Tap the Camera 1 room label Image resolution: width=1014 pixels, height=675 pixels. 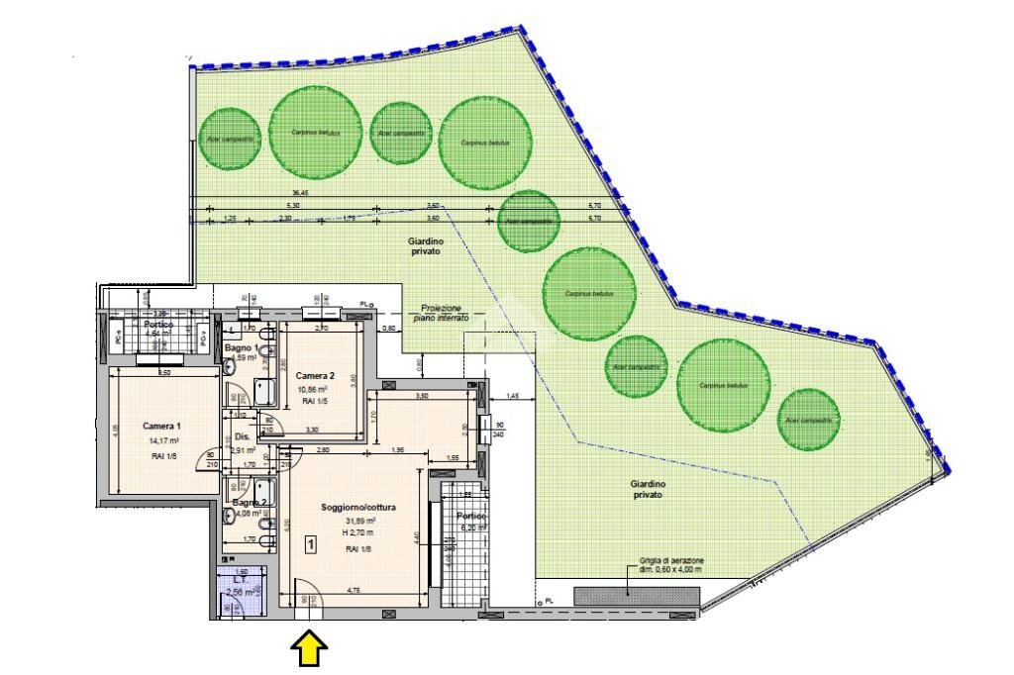160,426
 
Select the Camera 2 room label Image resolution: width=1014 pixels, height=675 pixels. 315,375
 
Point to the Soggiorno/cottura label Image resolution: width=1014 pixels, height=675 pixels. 358,508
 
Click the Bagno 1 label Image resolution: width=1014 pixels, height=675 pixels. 242,348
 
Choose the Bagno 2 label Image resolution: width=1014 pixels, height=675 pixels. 245,502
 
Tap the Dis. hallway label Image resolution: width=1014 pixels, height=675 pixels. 242,436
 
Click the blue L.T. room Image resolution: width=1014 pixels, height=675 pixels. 239,592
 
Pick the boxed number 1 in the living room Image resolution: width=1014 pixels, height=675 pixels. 310,543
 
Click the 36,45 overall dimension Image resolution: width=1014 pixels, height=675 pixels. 300,193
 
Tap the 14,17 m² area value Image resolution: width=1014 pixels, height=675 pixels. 162,441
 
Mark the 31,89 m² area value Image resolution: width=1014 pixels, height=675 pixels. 357,522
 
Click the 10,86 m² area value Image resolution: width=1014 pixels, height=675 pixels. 314,390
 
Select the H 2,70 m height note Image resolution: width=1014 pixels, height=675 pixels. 357,533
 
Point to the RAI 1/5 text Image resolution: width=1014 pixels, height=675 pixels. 314,403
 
